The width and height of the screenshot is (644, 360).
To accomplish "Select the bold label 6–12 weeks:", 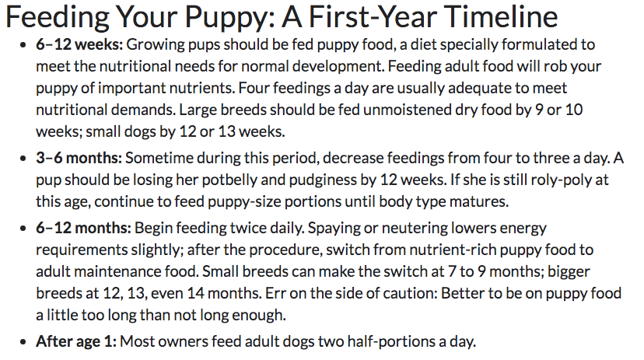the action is pyautogui.click(x=79, y=44).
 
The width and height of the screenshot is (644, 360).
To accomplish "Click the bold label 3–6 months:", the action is pyautogui.click(x=79, y=158).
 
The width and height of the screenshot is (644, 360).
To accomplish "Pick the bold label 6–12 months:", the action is pyautogui.click(x=83, y=228).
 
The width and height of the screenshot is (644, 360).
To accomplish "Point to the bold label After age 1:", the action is pyautogui.click(x=76, y=341).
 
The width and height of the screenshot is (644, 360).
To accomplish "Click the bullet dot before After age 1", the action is pyautogui.click(x=23, y=341).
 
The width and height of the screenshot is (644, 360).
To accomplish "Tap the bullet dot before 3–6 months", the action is pyautogui.click(x=23, y=158).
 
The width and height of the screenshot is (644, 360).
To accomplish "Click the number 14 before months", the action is pyautogui.click(x=196, y=293).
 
